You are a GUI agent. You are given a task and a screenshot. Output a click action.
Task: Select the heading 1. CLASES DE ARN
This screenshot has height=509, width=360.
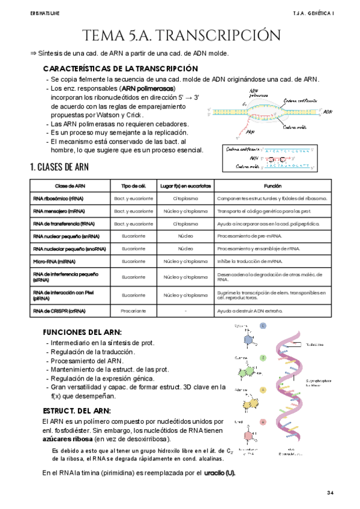click(59, 166)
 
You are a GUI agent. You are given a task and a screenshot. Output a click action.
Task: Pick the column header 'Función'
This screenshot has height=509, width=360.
click(273, 186)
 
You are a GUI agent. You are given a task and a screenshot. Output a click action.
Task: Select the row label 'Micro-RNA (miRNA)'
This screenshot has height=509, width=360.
click(55, 262)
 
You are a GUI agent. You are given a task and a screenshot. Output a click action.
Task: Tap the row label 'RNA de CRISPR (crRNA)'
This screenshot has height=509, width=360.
click(59, 311)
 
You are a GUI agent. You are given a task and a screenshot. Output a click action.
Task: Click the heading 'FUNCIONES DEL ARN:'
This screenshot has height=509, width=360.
click(82, 332)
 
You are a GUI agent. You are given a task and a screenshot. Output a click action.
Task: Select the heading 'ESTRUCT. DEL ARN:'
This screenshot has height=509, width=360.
click(76, 411)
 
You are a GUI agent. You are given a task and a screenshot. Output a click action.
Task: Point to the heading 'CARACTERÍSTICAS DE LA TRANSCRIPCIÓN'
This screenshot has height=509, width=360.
click(121, 68)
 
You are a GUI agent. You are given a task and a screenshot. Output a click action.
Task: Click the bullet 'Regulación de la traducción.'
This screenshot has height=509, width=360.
click(93, 351)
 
